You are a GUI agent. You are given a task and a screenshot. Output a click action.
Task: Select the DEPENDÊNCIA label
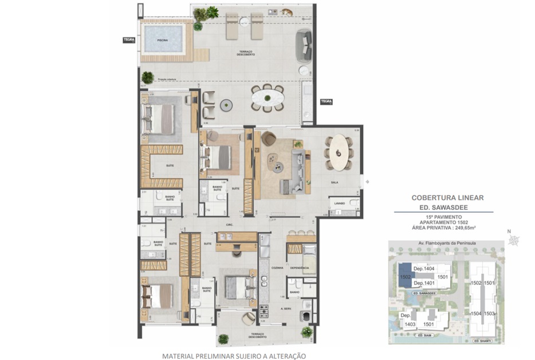(x=300, y=267)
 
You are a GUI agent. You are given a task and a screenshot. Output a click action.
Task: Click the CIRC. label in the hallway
(x=229, y=225)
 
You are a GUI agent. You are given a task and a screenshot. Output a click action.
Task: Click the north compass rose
(x=515, y=240)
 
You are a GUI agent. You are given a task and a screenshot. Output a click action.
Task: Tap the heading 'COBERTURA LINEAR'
(x=447, y=197)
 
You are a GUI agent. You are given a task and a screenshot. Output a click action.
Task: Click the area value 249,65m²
(x=465, y=228)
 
